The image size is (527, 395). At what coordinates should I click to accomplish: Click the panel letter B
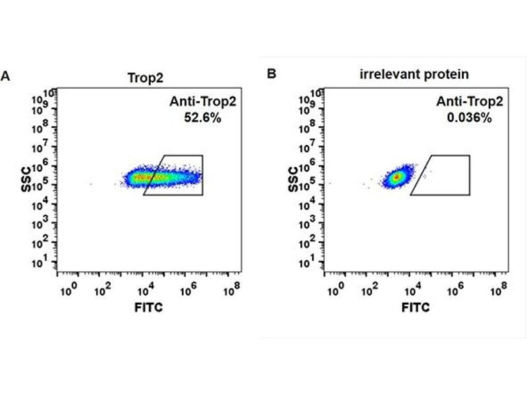(x=271, y=74)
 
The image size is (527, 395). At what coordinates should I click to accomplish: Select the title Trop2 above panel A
(x=142, y=76)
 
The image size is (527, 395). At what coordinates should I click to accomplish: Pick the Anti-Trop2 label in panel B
(x=460, y=101)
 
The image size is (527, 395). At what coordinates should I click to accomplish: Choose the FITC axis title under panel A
(x=148, y=307)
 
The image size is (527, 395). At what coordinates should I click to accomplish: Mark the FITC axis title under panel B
(x=416, y=307)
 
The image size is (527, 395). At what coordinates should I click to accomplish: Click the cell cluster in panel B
(x=396, y=176)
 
